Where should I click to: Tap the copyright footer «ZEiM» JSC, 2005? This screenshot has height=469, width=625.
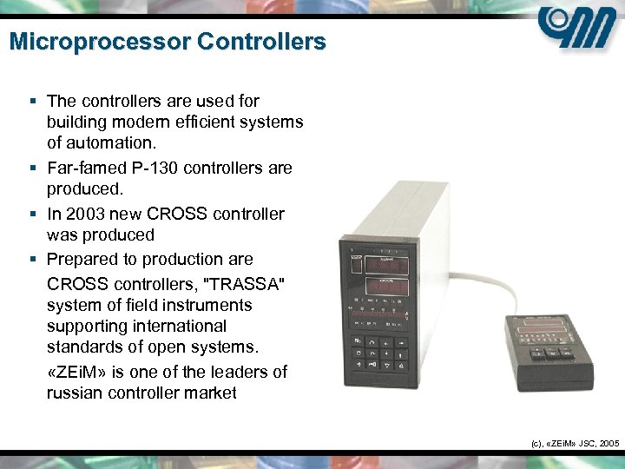574,443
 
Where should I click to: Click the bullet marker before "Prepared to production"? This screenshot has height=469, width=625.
33,260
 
